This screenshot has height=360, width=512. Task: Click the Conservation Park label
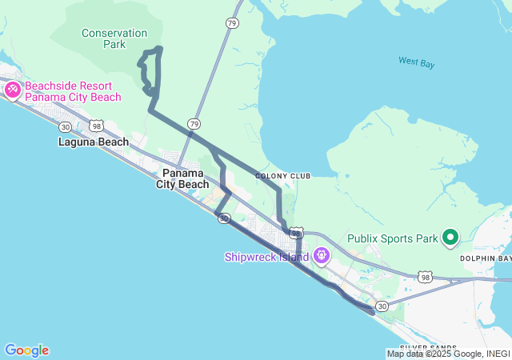coord(114,38)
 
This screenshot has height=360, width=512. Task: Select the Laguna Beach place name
coord(93,142)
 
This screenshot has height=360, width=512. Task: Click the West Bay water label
coord(416,62)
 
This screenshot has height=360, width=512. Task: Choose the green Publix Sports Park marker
coord(450,238)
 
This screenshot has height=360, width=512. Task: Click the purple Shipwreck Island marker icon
coord(322,256)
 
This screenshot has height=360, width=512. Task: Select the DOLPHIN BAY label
coord(486,258)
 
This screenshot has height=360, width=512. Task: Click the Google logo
coord(26,350)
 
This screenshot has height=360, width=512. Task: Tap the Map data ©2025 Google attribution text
coord(448,354)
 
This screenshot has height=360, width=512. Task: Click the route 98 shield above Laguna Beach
coord(96,126)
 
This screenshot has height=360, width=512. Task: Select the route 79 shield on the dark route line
coord(194,123)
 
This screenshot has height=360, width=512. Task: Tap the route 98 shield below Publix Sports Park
coord(425,277)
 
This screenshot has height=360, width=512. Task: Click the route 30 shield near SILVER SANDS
coord(382,306)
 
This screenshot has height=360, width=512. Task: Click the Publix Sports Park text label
coord(393,238)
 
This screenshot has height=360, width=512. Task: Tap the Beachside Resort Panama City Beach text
coord(73,91)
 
